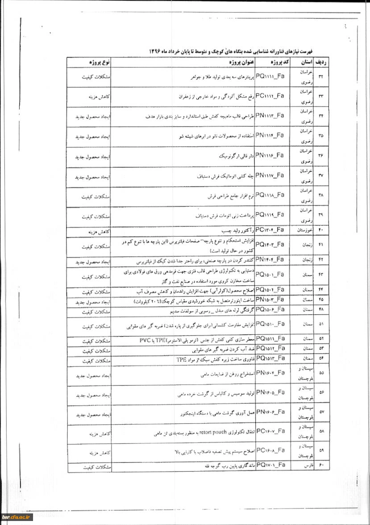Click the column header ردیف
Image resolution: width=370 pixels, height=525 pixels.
[x=321, y=62]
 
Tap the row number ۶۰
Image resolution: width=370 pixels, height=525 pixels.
[x=321, y=466]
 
